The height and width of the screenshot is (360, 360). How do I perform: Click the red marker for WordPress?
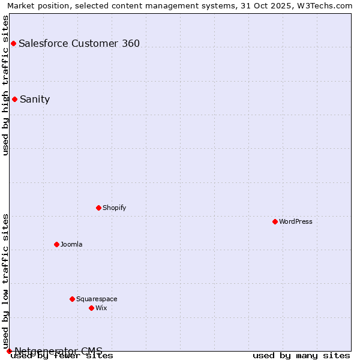tap(275, 221)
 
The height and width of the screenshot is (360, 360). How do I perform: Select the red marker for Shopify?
tap(98, 208)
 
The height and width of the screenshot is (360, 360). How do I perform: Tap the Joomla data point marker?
tap(56, 244)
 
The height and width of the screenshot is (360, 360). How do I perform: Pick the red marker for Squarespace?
tap(72, 299)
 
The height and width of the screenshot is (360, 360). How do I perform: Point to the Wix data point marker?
tap(91, 308)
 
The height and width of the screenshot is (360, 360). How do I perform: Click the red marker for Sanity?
tap(14, 99)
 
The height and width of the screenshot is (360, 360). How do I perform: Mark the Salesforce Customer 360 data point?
tap(13, 43)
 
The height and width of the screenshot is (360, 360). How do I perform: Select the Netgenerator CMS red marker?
tap(9, 351)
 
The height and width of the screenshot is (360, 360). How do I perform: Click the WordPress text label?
tap(296, 221)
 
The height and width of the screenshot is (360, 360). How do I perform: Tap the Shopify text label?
tap(114, 208)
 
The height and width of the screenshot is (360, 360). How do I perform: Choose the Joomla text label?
tap(71, 244)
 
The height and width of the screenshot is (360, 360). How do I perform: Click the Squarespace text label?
tap(97, 299)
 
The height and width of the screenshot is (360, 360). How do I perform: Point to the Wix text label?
tap(101, 308)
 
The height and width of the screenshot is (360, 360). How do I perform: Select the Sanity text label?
tap(35, 100)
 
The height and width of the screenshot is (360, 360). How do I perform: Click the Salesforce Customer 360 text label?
tap(79, 43)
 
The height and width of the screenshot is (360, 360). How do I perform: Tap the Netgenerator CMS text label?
tap(58, 350)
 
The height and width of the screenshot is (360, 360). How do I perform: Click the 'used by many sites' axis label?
tap(301, 356)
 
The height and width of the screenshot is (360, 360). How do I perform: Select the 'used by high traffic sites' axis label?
tap(6, 85)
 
